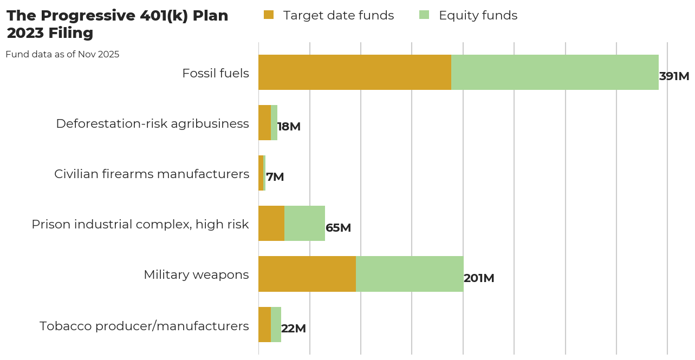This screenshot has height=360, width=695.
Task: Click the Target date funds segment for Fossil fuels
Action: pyautogui.click(x=355, y=72)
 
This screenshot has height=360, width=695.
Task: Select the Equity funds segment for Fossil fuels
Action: pyautogui.click(x=555, y=72)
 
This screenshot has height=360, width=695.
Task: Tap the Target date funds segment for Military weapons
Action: pyautogui.click(x=307, y=274)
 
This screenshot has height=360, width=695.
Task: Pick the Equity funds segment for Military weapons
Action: pyautogui.click(x=410, y=274)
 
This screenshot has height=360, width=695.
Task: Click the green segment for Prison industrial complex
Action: pyautogui.click(x=304, y=224)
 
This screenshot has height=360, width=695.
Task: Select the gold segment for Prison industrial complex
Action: pyautogui.click(x=271, y=224)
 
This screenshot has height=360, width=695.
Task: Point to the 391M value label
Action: pyautogui.click(x=674, y=76)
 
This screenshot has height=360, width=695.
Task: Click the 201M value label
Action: pyautogui.click(x=479, y=278)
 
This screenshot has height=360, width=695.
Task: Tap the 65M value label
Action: pyautogui.click(x=338, y=228)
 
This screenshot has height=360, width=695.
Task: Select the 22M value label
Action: pyautogui.click(x=294, y=329)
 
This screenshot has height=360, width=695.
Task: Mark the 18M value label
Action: pyautogui.click(x=289, y=127)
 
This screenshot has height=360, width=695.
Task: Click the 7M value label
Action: pyautogui.click(x=275, y=177)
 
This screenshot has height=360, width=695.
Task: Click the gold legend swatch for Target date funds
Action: pyautogui.click(x=269, y=15)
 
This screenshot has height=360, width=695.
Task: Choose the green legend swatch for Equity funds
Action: pyautogui.click(x=424, y=15)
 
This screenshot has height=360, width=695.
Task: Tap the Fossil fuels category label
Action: pyautogui.click(x=216, y=73)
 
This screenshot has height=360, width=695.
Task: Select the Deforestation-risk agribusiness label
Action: pyautogui.click(x=152, y=123)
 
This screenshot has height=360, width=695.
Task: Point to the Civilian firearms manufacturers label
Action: pyautogui.click(x=152, y=174)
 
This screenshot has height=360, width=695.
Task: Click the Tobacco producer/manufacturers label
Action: pyautogui.click(x=144, y=326)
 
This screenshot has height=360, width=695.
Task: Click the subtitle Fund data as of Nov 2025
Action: pyautogui.click(x=62, y=54)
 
